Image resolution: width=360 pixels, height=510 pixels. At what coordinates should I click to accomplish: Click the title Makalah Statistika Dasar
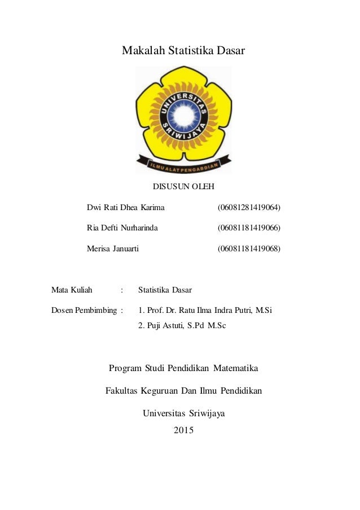[183, 51]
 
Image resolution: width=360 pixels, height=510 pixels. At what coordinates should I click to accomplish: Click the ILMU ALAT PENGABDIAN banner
[183, 165]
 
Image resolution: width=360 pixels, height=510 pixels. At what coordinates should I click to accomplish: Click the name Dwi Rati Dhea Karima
[126, 208]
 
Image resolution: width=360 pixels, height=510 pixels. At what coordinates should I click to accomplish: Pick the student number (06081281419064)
[249, 208]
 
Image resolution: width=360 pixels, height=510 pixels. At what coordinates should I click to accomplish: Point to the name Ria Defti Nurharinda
[122, 228]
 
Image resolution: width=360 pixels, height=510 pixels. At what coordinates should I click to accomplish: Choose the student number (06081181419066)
[249, 228]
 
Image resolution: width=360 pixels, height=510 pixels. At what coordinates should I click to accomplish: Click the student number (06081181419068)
[249, 249]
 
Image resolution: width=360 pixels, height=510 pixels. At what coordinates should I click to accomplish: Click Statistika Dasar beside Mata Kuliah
[165, 290]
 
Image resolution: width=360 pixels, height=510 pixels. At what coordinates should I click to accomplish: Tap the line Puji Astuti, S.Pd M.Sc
[182, 325]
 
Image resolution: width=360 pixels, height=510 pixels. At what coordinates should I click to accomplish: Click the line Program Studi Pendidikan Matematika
[183, 369]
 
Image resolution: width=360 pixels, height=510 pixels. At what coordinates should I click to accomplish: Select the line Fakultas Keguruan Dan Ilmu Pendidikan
[183, 391]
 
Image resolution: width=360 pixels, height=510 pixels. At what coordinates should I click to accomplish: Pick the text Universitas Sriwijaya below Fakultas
[183, 413]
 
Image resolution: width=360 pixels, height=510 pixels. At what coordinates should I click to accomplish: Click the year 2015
[183, 431]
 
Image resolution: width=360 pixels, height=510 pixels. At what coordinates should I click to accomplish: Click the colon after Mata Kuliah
[121, 290]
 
